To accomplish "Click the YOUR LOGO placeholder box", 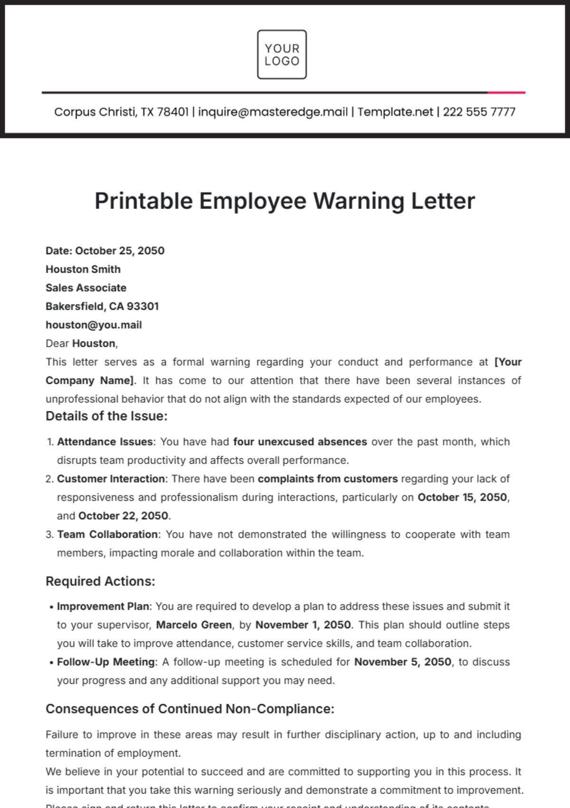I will (282, 55).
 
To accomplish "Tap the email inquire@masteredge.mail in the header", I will (273, 112).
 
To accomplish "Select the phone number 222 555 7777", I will (479, 112).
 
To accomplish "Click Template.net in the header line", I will (395, 112).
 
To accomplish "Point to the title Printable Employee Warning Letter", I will (285, 201).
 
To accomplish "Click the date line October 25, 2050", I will (105, 251).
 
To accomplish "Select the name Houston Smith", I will (83, 269).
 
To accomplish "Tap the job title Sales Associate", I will (86, 288).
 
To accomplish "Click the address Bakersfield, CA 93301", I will (102, 306).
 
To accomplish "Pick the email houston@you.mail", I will (94, 325).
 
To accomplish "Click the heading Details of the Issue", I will (106, 416).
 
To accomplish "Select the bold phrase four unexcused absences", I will (300, 442).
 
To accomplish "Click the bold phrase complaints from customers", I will (328, 479).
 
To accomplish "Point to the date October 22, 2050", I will (123, 516).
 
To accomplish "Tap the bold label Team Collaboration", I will (107, 534).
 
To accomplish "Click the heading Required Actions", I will (100, 581).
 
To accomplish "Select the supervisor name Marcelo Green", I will (194, 625).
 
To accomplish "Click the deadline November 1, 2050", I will (304, 625).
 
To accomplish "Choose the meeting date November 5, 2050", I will (403, 662).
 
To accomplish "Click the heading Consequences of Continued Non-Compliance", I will (190, 709).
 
